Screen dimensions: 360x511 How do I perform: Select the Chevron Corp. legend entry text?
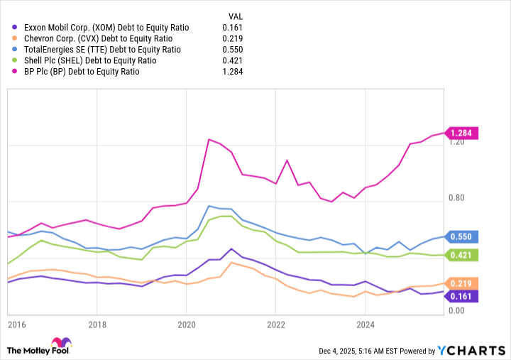point(98,38)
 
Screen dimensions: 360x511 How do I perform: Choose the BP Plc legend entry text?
point(82,72)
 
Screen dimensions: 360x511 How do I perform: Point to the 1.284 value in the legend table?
point(232,72)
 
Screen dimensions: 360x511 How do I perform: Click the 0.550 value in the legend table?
point(232,50)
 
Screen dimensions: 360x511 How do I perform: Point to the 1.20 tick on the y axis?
point(457,143)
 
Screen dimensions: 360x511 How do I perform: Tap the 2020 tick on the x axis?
point(186,324)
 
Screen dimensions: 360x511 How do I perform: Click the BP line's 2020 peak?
point(209,139)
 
